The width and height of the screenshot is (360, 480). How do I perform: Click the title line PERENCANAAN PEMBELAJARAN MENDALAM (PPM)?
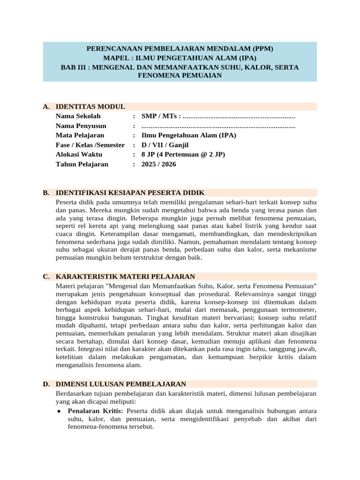point(180,49)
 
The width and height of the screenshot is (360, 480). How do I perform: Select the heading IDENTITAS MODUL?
point(90,106)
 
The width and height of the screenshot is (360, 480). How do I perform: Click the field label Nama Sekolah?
point(78,116)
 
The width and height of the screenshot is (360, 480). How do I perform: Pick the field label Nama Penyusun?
point(81,126)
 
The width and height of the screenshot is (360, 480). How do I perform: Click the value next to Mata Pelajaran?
point(188,135)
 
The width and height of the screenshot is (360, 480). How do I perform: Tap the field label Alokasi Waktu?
point(78,155)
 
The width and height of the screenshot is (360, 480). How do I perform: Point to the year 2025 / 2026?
point(158,164)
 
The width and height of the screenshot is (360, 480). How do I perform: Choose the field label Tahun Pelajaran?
point(82,164)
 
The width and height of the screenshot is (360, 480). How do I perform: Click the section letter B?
point(46,193)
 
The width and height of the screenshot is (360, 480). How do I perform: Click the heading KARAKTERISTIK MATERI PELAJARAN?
point(125,277)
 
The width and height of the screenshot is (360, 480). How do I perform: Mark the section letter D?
point(46,384)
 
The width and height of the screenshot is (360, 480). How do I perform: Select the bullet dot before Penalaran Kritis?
point(58,411)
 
